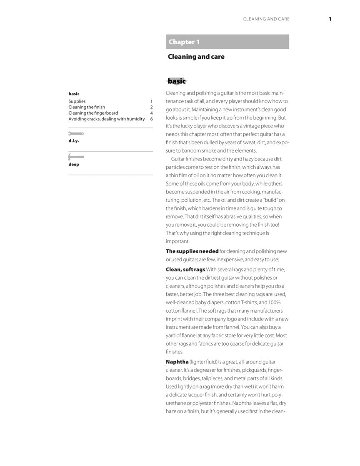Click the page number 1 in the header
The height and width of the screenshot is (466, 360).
click(330, 19)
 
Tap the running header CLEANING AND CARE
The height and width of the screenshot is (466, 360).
click(266, 19)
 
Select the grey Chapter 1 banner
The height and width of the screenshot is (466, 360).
click(227, 42)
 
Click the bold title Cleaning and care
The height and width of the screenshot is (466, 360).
click(196, 57)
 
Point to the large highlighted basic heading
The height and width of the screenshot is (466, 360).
click(177, 81)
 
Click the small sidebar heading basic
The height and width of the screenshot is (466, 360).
click(74, 94)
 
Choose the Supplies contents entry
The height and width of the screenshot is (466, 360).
click(77, 101)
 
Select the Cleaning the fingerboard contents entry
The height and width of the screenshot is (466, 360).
click(93, 113)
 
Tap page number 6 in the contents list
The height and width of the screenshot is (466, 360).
click(151, 119)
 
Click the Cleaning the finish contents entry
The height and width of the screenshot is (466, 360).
click(87, 107)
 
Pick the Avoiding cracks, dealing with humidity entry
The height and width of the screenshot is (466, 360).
click(107, 119)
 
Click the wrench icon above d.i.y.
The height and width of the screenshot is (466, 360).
click(76, 134)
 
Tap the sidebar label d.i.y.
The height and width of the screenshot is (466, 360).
click(74, 141)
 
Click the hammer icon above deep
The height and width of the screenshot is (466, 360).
click(76, 157)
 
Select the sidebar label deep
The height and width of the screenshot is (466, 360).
click(74, 164)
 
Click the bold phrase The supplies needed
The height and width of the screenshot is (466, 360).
click(192, 251)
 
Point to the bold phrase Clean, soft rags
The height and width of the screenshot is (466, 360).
click(185, 270)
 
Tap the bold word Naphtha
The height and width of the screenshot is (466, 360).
click(177, 362)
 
